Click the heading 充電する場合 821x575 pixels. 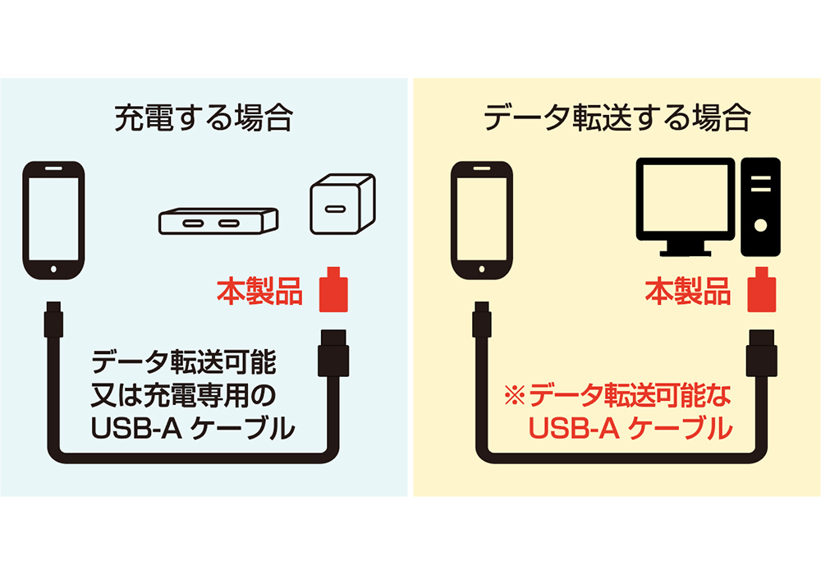coord(203,118)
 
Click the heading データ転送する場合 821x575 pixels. coord(617,118)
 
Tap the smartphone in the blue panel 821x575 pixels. coord(53,220)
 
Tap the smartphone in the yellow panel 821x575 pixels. coord(482,220)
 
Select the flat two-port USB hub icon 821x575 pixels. coord(218,221)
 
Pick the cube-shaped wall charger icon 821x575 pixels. coord(343,204)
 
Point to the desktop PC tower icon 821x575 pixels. coord(761,207)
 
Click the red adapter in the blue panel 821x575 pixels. coord(333,290)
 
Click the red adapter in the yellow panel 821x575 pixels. coord(762,290)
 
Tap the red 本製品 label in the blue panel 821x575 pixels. coord(259,291)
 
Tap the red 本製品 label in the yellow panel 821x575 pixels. coord(688,291)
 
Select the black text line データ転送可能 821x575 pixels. coord(184,362)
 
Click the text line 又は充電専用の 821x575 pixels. coord(183,395)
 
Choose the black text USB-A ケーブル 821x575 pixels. coord(193,428)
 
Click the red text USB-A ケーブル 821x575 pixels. coord(631,428)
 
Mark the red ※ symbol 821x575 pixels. coord(515,395)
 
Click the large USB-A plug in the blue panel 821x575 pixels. coord(333,353)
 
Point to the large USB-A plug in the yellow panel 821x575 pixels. coord(762,353)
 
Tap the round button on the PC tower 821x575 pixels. coord(761,226)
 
